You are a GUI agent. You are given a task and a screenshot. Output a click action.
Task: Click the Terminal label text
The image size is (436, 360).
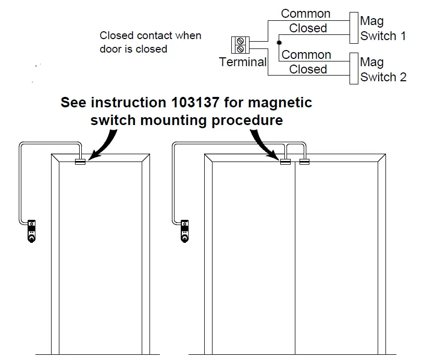tap(243, 62)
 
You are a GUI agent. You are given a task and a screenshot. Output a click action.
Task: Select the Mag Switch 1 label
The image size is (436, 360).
tap(382, 29)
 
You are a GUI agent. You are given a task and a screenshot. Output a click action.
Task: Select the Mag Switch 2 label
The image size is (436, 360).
tap(383, 70)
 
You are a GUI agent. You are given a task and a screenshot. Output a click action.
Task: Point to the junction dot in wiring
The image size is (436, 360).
tap(279, 42)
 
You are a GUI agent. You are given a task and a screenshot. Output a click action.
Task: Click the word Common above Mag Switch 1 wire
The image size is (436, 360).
tap(306, 14)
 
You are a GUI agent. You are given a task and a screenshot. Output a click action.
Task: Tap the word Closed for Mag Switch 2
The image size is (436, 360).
tap(308, 69)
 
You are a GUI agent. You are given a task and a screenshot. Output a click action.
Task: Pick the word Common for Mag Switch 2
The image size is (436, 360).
tap(306, 55)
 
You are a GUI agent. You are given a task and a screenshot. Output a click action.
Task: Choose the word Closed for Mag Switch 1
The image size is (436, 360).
tap(308, 28)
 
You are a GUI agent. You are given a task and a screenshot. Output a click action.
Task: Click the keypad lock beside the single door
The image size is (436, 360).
tap(32, 230)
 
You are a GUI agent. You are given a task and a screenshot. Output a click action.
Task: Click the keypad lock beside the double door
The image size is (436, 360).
tap(185, 230)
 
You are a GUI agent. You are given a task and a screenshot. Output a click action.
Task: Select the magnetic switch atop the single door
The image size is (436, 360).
tap(80, 162)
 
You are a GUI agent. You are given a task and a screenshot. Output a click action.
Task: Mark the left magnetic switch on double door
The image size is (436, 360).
tap(285, 162)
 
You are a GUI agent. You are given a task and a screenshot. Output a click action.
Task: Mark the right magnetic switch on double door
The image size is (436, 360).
tap(304, 162)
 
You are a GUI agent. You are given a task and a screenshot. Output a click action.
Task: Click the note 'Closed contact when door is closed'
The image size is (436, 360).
tap(150, 42)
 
